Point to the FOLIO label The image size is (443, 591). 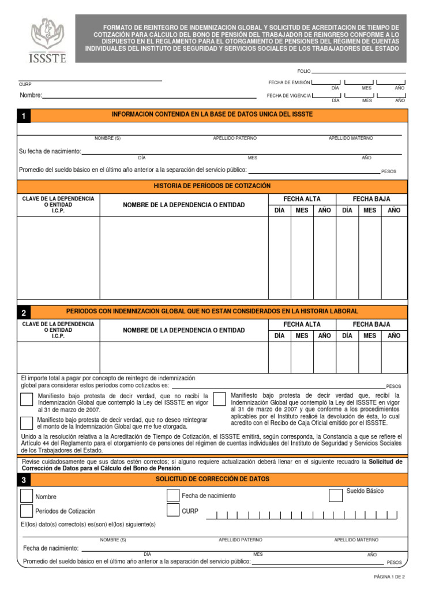point(303,71)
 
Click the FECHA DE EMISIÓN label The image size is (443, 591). point(289,83)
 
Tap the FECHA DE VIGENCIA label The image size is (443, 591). point(289,95)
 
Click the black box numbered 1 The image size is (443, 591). point(24,116)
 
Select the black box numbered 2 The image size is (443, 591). point(24,312)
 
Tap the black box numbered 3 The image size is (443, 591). point(24,480)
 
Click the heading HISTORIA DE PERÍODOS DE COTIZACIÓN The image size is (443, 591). point(212,186)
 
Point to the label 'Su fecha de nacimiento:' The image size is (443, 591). point(50,151)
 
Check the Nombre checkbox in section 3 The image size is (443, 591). point(27,496)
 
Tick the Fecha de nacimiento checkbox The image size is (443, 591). point(172,495)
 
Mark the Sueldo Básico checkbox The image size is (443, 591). point(335,495)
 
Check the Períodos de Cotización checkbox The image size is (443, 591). point(27,511)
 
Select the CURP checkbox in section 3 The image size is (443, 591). point(172,510)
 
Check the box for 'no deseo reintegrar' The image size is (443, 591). point(27,423)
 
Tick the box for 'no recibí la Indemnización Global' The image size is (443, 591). point(27,399)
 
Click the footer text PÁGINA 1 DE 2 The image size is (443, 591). point(389,577)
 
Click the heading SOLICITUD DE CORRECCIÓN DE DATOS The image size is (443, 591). point(212,479)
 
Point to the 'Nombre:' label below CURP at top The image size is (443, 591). point(31,95)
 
